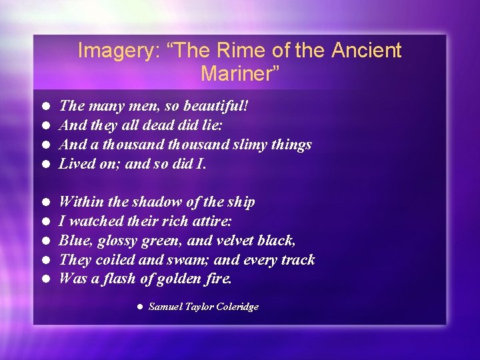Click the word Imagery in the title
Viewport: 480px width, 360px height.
[114, 51]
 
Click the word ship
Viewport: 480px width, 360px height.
[241, 201]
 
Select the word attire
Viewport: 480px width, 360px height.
[211, 221]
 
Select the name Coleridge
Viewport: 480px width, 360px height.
[234, 307]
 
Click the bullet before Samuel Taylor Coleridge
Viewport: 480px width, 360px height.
[139, 307]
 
